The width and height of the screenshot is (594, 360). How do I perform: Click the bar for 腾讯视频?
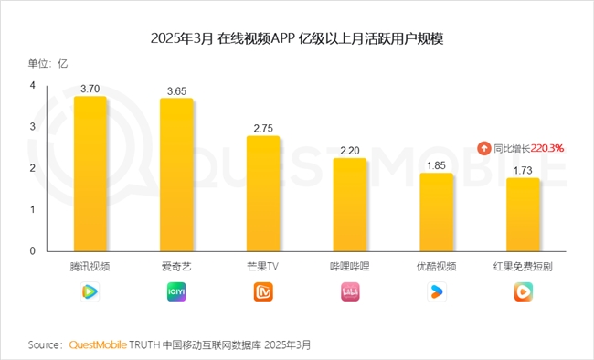90,174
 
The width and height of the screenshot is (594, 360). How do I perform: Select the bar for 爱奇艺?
176,175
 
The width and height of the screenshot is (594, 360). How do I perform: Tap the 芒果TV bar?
263,194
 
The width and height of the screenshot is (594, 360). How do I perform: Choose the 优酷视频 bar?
436,212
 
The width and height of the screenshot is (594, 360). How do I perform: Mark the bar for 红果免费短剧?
523,215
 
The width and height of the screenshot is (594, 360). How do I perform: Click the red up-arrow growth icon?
484,147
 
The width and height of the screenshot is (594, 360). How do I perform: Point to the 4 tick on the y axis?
32,85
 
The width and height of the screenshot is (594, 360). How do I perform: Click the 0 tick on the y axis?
32,250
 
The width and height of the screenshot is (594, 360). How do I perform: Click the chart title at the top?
296,39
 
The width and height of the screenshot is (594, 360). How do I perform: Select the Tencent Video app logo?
90,291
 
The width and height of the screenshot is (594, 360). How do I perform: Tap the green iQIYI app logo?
176,291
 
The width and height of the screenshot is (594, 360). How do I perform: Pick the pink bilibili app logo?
349,291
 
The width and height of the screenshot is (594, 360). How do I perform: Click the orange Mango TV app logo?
263,291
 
